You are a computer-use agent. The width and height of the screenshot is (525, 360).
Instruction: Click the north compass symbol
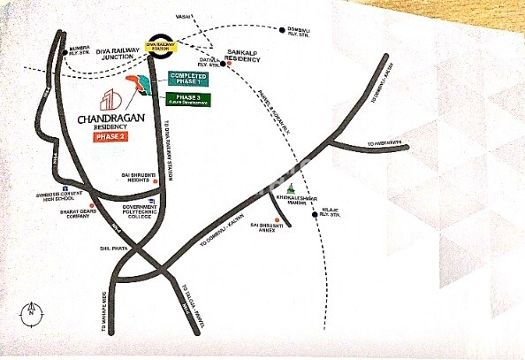(x=29, y=310)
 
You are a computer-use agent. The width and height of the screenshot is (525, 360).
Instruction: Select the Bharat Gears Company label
(x=69, y=222)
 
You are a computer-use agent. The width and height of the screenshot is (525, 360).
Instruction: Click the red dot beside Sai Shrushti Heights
(x=156, y=191)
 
